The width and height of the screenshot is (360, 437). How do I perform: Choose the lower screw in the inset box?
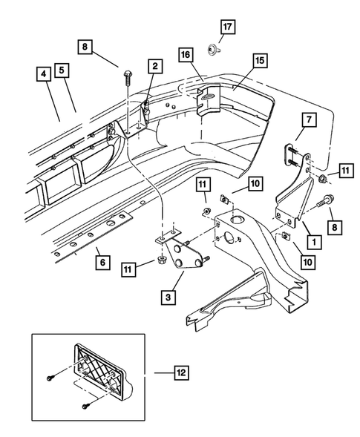[86, 404]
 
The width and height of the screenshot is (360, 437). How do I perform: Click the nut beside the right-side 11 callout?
[324, 180]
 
